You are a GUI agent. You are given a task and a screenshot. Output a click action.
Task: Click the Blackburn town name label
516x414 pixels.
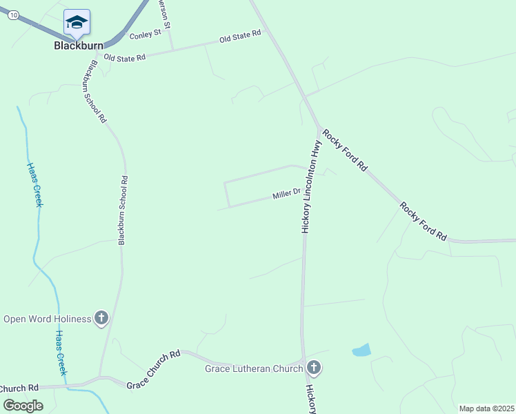(79, 46)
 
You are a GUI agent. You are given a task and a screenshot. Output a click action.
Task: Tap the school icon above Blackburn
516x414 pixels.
(77, 23)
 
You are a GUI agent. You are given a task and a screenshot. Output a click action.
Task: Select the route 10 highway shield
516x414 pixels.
(14, 16)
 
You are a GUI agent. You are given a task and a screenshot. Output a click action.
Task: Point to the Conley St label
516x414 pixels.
(145, 32)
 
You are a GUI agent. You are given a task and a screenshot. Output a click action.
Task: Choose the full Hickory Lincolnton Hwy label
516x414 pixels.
(312, 186)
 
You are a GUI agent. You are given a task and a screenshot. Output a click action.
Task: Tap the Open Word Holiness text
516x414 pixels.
(47, 319)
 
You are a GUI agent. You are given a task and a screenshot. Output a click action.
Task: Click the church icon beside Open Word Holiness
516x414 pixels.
(101, 318)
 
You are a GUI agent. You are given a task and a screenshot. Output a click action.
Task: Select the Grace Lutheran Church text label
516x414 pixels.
(254, 368)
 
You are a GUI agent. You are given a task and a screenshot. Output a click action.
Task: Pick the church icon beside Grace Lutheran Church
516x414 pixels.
(314, 367)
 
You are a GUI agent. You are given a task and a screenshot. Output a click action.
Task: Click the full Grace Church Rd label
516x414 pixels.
(153, 368)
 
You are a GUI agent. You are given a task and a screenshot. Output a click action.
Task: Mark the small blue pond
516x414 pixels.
(361, 351)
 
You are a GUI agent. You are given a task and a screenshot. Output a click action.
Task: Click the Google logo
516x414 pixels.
(23, 406)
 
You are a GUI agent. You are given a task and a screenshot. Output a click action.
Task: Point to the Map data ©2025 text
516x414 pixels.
(486, 408)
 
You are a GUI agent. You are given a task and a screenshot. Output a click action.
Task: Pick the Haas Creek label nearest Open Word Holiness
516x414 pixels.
(60, 352)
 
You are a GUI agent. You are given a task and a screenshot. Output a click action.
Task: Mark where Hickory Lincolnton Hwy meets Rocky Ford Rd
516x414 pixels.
(319, 129)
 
